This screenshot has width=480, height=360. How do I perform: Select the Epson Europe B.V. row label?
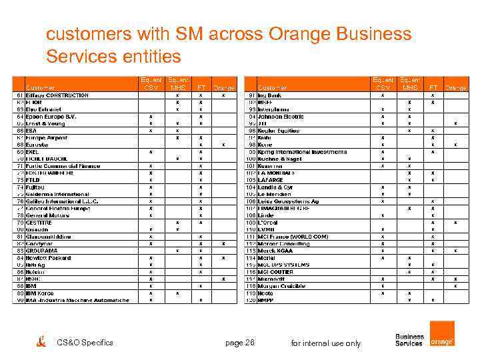[51, 117]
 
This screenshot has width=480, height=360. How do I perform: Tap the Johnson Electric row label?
[281, 117]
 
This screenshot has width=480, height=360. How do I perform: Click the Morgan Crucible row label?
[283, 286]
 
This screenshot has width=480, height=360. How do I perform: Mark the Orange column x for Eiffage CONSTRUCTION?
[223, 95]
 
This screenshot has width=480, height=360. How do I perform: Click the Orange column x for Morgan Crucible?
[455, 286]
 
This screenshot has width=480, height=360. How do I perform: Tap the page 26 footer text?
[240, 343]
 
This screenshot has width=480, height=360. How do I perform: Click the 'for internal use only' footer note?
[326, 343]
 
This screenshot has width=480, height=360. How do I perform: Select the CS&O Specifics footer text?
[85, 343]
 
